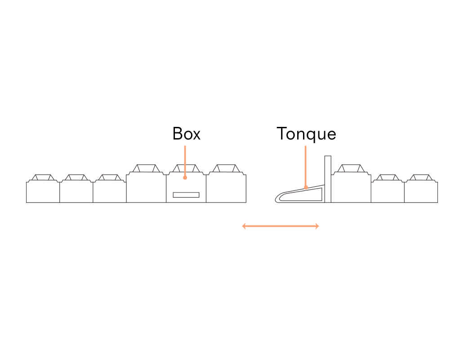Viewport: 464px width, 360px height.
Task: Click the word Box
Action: click(186, 134)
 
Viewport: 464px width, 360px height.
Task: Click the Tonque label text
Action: click(306, 134)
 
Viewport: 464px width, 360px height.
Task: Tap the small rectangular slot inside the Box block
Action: click(186, 194)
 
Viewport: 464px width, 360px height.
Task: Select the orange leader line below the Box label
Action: click(185, 160)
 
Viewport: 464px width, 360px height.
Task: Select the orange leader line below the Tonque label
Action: click(305, 164)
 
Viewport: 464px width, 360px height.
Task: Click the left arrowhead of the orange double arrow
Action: click(244, 226)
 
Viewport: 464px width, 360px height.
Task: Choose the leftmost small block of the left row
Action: click(43, 191)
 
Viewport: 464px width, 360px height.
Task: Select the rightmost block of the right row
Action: click(421, 191)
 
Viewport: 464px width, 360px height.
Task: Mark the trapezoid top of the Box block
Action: click(186, 168)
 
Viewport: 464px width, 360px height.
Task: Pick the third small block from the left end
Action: click(109, 191)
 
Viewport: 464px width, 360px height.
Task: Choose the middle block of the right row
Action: click(388, 191)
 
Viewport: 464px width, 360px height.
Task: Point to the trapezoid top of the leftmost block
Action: click(43, 177)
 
